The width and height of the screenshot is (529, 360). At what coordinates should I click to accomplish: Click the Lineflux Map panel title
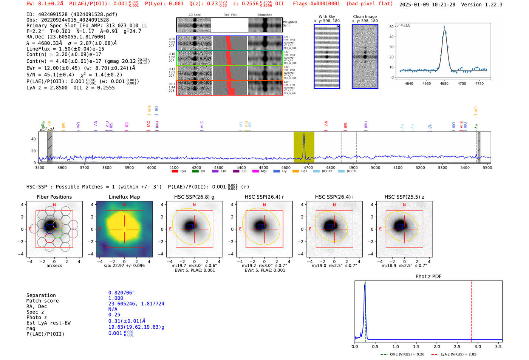pyautogui.click(x=124, y=197)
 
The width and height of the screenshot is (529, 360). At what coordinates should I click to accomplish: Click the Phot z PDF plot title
pyautogui.click(x=428, y=277)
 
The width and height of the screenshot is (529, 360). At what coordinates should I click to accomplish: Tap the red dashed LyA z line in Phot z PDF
pyautogui.click(x=472, y=310)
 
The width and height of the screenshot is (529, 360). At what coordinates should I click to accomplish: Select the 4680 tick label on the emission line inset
pyautogui.click(x=444, y=83)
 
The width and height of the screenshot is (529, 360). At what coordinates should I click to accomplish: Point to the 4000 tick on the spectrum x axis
pyautogui.click(x=152, y=168)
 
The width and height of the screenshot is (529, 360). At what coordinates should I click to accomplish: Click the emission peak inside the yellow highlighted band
pyautogui.click(x=304, y=134)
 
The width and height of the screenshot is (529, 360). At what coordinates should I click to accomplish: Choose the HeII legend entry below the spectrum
pyautogui.click(x=300, y=172)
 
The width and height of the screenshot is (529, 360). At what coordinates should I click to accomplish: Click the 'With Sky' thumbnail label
pyautogui.click(x=327, y=17)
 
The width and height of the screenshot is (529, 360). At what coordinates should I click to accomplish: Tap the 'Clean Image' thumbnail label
pyautogui.click(x=365, y=17)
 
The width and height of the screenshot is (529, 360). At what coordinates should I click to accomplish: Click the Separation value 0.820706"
pyautogui.click(x=121, y=293)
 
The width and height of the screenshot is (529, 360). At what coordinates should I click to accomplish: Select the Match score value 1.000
pyautogui.click(x=116, y=298)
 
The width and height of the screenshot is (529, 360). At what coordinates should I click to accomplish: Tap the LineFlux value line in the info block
pyautogui.click(x=65, y=49)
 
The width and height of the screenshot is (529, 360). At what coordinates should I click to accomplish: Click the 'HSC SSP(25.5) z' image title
pyautogui.click(x=404, y=197)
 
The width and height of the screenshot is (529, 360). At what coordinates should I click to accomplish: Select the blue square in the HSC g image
pyautogui.click(x=190, y=226)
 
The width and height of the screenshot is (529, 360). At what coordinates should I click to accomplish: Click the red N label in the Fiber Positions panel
pyautogui.click(x=54, y=205)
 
